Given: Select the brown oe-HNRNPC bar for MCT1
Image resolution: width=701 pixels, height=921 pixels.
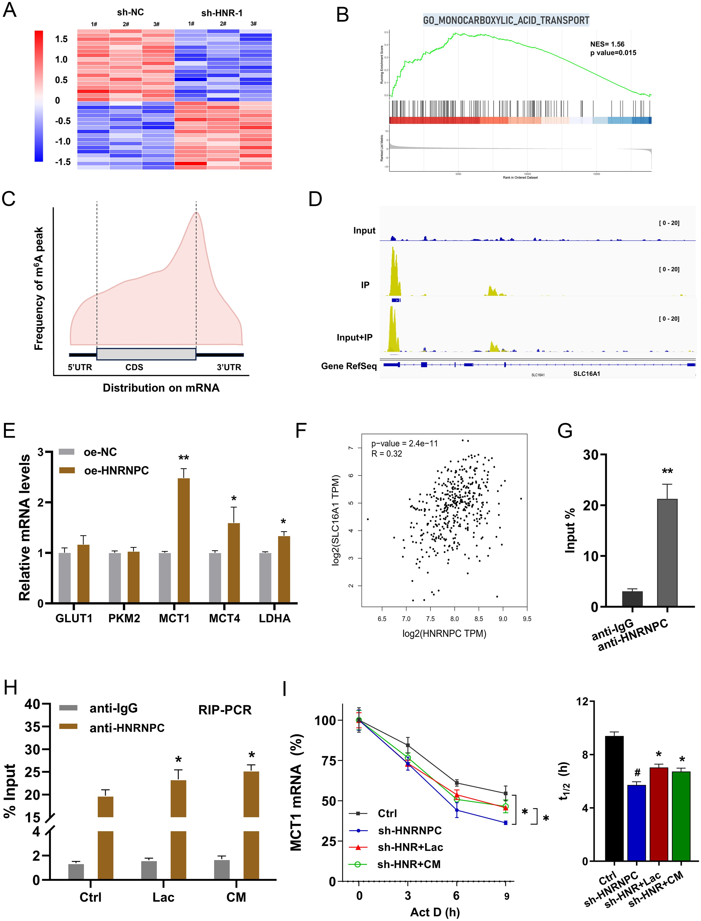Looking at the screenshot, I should click(x=184, y=540).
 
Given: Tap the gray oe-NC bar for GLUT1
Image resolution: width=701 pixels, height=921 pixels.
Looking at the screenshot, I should click(x=65, y=578).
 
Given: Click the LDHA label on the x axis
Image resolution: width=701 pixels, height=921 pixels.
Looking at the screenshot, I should click(x=275, y=618).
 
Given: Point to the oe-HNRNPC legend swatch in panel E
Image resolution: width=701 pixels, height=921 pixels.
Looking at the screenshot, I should click(x=67, y=470).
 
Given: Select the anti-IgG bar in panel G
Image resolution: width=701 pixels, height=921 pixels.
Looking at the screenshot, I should click(x=632, y=599).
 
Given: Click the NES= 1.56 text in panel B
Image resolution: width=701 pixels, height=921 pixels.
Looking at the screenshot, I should click(x=607, y=44).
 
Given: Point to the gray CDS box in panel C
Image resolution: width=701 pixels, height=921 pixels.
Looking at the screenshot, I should click(x=146, y=354).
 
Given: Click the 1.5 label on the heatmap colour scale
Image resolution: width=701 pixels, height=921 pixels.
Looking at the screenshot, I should click(x=61, y=39).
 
